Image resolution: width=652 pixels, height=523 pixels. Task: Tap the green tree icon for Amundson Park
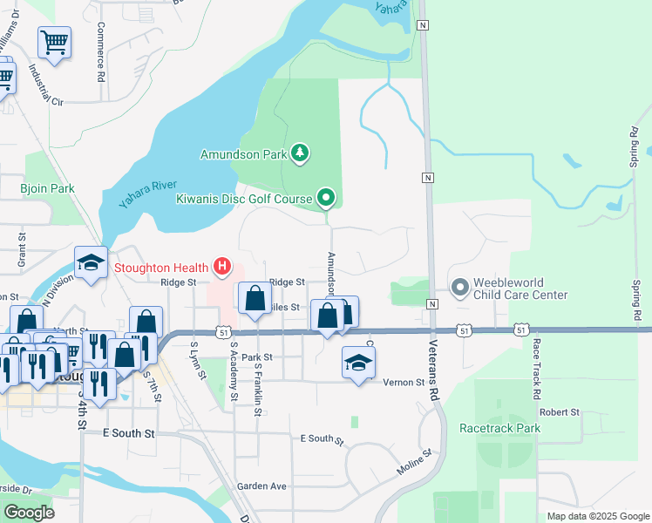coord(300,154)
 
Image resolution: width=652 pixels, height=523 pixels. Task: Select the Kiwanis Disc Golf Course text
coord(244,200)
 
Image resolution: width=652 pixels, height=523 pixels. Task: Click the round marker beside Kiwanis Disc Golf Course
coord(326,200)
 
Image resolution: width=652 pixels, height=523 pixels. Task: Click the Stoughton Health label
coord(161,267)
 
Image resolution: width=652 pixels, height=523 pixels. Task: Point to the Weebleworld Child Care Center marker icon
coord(459,286)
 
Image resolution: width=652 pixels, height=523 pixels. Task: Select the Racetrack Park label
coord(500,428)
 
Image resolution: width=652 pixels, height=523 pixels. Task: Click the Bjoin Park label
coord(48,188)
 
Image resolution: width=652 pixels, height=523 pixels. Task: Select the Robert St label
coord(559,411)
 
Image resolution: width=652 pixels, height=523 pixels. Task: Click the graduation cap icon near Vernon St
coord(358,362)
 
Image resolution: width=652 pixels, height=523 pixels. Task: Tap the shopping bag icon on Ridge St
coord(255,299)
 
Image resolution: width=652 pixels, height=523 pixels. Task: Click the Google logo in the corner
coord(30,512)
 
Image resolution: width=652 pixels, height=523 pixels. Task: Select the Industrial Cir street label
coord(45,85)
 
